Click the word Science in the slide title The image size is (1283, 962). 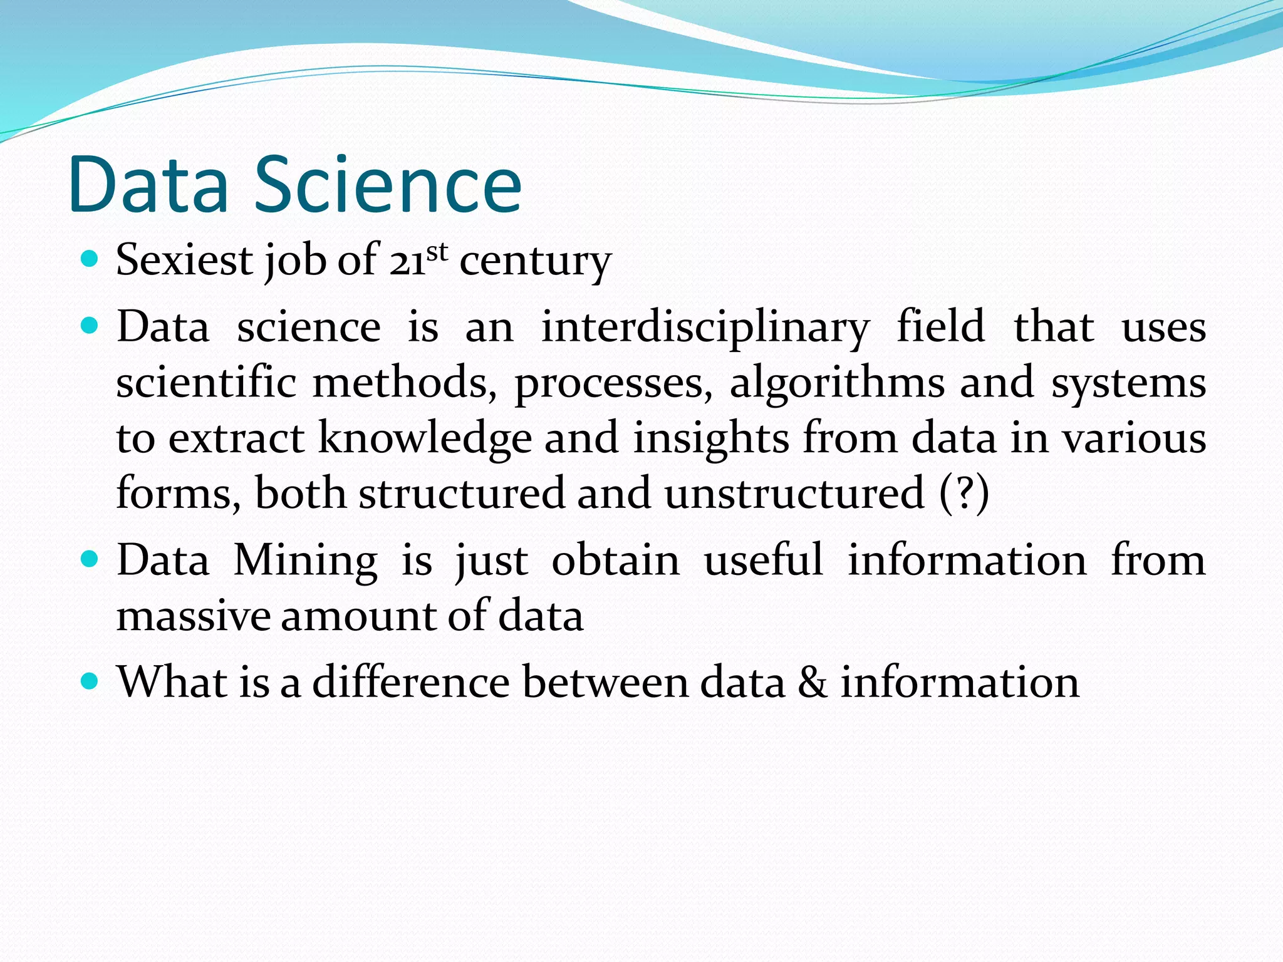[x=388, y=185]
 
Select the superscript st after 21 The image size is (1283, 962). [x=437, y=252]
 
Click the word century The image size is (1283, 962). [x=535, y=261]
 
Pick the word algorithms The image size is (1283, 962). [x=837, y=383]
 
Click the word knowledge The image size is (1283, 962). [x=425, y=438]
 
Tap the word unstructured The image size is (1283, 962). [x=794, y=493]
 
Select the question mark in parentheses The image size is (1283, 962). [x=965, y=492]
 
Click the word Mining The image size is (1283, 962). [x=306, y=560]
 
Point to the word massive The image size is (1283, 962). [x=193, y=616]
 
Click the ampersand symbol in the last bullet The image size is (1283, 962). [x=813, y=681]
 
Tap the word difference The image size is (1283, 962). [x=410, y=681]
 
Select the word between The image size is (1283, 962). [x=604, y=681]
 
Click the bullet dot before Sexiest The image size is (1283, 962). [x=90, y=258]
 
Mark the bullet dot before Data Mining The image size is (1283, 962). [x=90, y=558]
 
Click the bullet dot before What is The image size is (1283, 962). [x=90, y=680]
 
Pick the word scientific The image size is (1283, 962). [x=206, y=383]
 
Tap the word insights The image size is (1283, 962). [x=710, y=438]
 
